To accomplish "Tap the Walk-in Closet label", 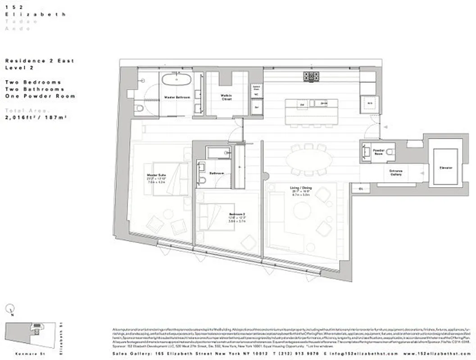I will coord(226,97).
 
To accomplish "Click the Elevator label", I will coord(446,168).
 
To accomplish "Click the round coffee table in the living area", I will coord(301,210).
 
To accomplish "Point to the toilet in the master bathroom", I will coord(140,108).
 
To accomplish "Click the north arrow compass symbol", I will coord(11,309).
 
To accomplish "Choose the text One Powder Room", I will coord(40,96).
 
